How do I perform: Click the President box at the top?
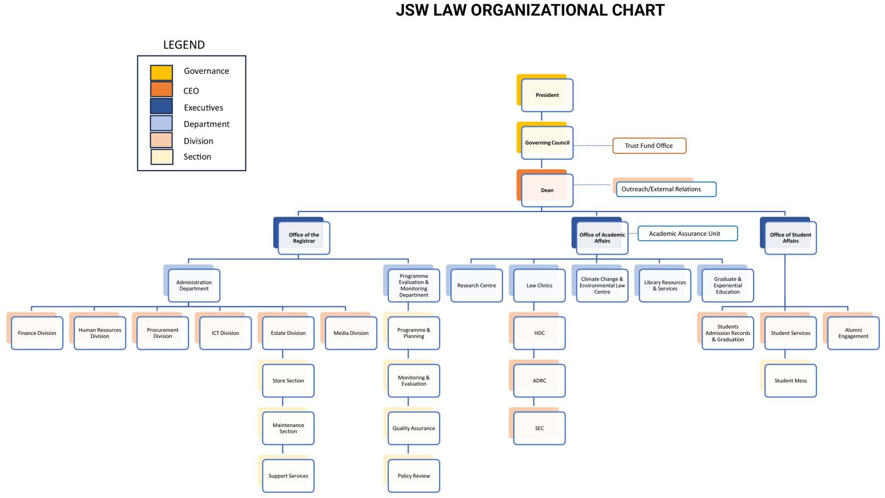pyautogui.click(x=547, y=95)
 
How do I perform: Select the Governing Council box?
pyautogui.click(x=547, y=142)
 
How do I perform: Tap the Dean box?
pyautogui.click(x=547, y=190)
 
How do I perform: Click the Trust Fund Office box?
pyautogui.click(x=649, y=146)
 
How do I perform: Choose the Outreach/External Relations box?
pyautogui.click(x=665, y=189)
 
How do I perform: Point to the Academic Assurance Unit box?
pyautogui.click(x=687, y=233)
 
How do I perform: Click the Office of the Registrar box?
pyautogui.click(x=304, y=237)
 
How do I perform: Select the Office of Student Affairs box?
pyautogui.click(x=790, y=237)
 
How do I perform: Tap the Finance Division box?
pyautogui.click(x=37, y=333)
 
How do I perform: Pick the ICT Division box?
pyautogui.click(x=225, y=333)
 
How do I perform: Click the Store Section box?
pyautogui.click(x=288, y=380)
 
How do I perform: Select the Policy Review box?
pyautogui.click(x=414, y=476)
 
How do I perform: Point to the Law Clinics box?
pyautogui.click(x=539, y=285)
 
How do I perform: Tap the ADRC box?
pyautogui.click(x=539, y=380)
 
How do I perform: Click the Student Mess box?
pyautogui.click(x=790, y=380)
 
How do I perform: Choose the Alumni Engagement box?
pyautogui.click(x=853, y=333)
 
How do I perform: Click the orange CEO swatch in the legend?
pyautogui.click(x=161, y=89)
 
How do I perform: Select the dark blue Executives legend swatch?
pyautogui.click(x=161, y=106)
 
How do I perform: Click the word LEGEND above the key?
pyautogui.click(x=184, y=45)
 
